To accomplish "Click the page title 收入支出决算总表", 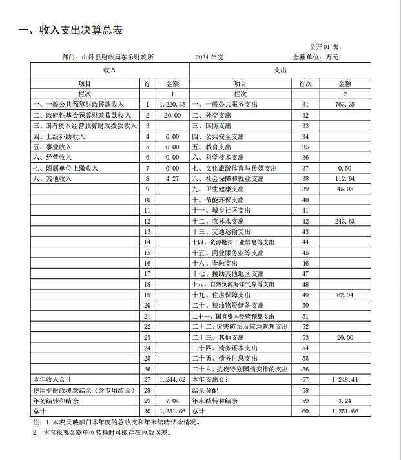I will (x=70, y=30).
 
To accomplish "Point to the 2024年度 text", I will (x=209, y=57).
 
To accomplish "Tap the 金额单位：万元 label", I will (x=316, y=57).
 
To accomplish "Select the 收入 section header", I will (x=109, y=70).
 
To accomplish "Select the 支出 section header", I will (x=280, y=70).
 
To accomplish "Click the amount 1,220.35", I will (x=172, y=104).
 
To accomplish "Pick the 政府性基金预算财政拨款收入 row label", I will (x=77, y=115).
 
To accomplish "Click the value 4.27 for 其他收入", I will (x=172, y=178).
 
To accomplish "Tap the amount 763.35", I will (x=344, y=104).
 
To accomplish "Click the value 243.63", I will (x=344, y=220).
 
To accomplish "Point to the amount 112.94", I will (x=344, y=178).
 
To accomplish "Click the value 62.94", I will (x=344, y=295).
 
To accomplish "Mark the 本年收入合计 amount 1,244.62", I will (x=172, y=379).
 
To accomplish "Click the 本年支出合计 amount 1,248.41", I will (x=344, y=379).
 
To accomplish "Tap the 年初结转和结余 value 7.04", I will (x=172, y=401).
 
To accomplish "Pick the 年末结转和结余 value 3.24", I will (x=344, y=401).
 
